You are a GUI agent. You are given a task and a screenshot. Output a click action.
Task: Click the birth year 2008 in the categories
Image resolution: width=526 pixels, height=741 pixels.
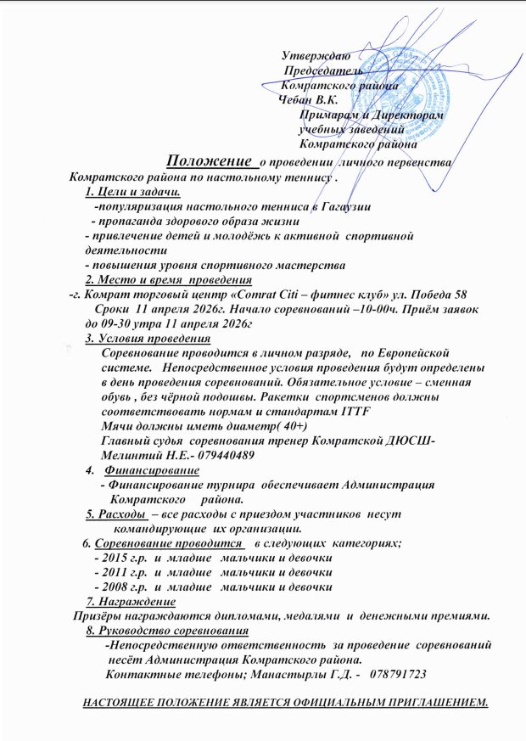[115, 587]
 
